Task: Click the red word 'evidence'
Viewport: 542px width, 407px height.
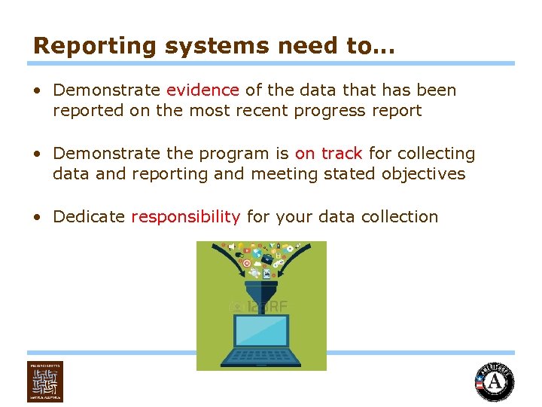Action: pos(202,90)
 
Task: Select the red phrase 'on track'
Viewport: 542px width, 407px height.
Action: pos(328,154)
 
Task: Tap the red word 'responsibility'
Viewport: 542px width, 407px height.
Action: pos(185,217)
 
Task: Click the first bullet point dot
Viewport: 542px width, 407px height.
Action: pos(37,91)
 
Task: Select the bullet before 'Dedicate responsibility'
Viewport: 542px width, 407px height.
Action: pos(37,218)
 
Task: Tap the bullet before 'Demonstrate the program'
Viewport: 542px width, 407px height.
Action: pos(37,155)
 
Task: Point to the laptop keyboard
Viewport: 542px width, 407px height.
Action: pos(261,357)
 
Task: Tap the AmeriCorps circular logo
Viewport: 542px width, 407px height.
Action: pos(494,382)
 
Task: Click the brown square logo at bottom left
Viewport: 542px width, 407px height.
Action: pos(45,381)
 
